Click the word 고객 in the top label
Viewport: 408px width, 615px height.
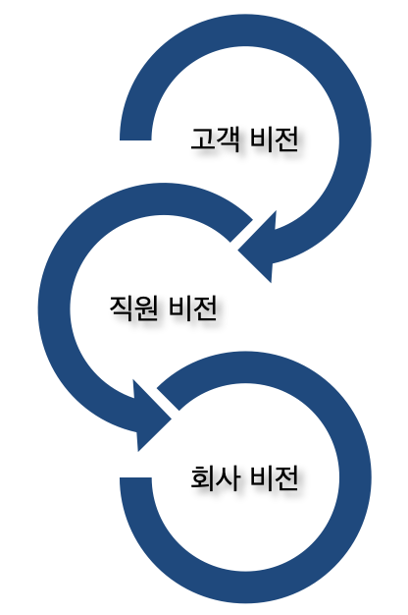[215, 139]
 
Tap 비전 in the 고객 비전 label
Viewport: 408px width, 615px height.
[274, 139]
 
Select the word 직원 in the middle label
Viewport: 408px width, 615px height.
[134, 307]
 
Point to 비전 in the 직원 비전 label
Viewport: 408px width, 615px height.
[193, 307]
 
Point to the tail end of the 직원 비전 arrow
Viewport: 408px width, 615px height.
[241, 231]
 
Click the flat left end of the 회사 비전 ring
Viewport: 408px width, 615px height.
[135, 477]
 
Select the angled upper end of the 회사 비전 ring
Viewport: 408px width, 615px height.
[168, 399]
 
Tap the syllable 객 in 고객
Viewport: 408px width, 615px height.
[228, 139]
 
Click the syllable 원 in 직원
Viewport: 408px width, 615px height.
[147, 307]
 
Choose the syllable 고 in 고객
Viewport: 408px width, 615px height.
[202, 139]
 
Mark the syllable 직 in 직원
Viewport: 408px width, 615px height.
[122, 307]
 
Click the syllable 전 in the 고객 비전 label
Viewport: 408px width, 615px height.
[287, 139]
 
